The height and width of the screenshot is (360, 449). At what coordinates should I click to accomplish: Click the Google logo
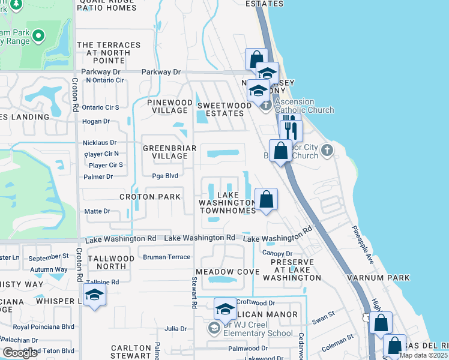pos(20,353)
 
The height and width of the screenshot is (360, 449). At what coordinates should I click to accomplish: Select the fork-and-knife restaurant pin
pos(291,129)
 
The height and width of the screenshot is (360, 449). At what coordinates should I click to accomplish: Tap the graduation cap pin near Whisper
pos(94,295)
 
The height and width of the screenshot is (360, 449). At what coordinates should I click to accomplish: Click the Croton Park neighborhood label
pos(149,197)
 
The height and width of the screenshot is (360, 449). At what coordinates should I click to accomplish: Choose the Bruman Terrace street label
pos(166,257)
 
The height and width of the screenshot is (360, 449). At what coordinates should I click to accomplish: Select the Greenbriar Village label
pos(164,151)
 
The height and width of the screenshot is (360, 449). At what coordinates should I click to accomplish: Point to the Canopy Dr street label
pos(277,253)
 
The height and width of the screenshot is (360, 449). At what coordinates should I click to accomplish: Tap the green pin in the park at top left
pos(38,36)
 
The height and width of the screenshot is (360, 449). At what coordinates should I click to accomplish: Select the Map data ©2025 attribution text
pos(423,355)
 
